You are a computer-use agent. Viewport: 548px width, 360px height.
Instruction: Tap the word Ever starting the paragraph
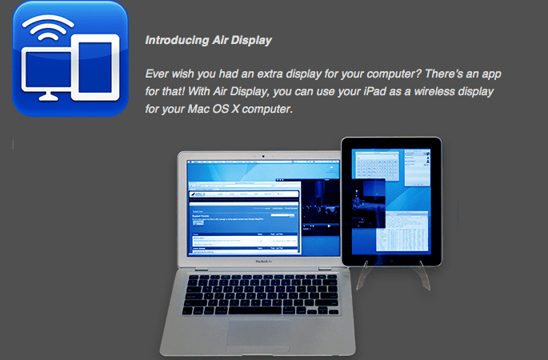158,74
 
